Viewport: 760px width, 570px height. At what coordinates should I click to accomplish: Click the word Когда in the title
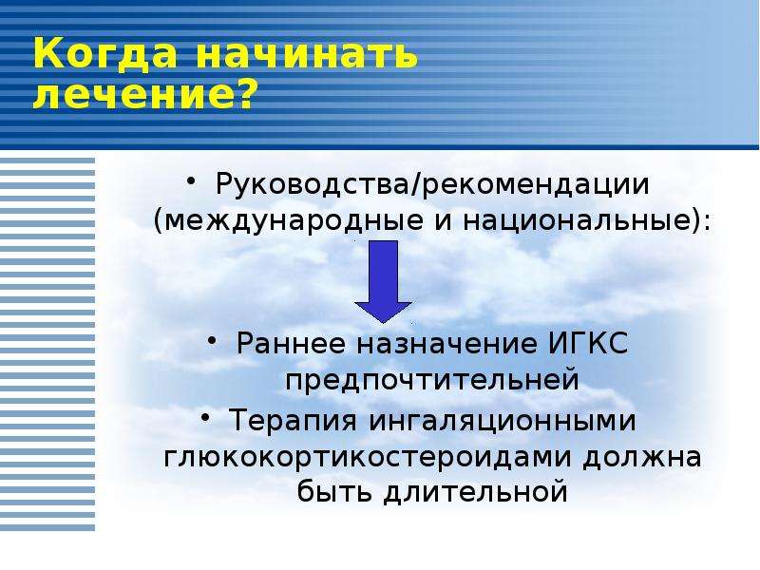pyautogui.click(x=105, y=53)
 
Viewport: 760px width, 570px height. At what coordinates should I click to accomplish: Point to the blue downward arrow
pyautogui.click(x=384, y=282)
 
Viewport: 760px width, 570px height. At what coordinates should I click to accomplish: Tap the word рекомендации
pyautogui.click(x=535, y=186)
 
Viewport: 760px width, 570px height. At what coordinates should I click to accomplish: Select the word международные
pyautogui.click(x=294, y=221)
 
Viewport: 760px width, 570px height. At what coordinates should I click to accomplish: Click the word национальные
pyautogui.click(x=576, y=221)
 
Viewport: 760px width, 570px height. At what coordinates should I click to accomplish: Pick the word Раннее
pyautogui.click(x=291, y=344)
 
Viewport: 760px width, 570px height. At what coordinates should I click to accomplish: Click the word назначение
pyautogui.click(x=446, y=344)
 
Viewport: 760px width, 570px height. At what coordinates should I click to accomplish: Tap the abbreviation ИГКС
pyautogui.click(x=588, y=343)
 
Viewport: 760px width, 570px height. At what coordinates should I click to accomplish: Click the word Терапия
pyautogui.click(x=293, y=420)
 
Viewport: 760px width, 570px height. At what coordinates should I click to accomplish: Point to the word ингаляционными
pyautogui.click(x=502, y=421)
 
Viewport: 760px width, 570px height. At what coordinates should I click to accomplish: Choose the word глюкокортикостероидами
pyautogui.click(x=366, y=457)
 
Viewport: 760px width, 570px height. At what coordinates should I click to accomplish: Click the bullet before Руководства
pyautogui.click(x=191, y=180)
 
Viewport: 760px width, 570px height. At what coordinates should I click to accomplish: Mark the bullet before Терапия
pyautogui.click(x=206, y=416)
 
